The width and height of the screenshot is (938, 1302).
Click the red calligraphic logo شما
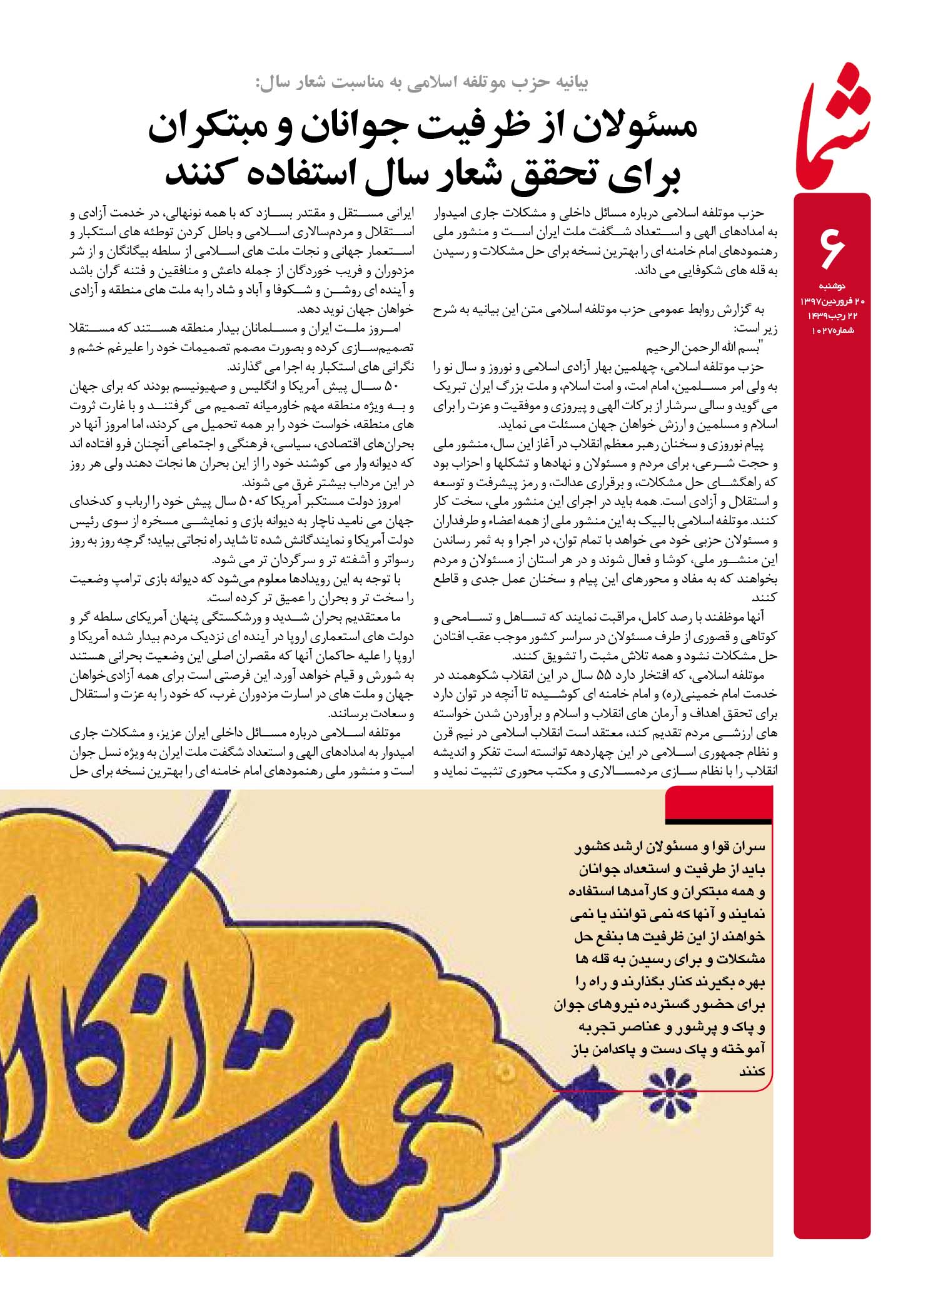[x=832, y=128]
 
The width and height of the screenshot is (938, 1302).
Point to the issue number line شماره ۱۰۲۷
[x=832, y=330]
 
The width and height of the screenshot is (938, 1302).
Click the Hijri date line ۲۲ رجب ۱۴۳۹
[x=832, y=315]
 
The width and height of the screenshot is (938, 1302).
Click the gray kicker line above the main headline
[x=422, y=82]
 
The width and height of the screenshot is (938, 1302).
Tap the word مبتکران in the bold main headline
[x=217, y=128]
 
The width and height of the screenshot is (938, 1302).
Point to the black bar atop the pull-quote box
[x=719, y=821]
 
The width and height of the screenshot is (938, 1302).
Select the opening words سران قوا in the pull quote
[x=740, y=848]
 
